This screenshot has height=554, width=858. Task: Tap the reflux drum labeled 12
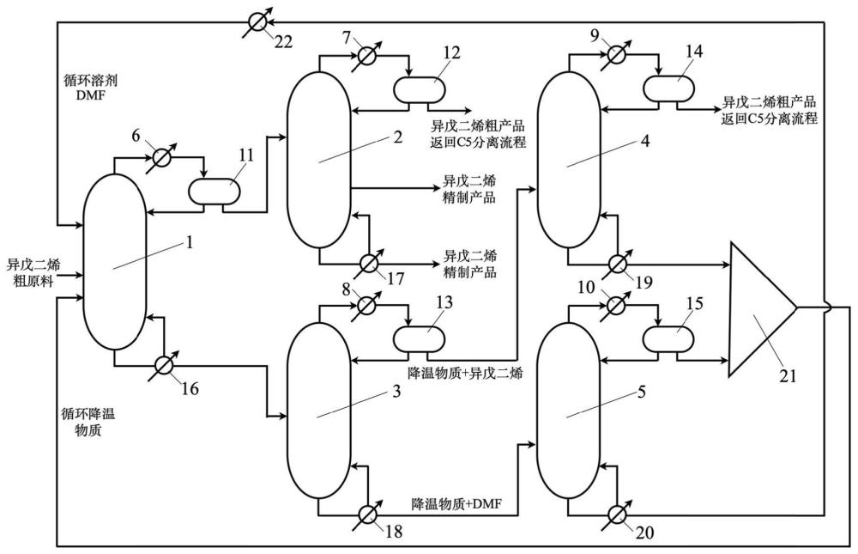[x=420, y=88]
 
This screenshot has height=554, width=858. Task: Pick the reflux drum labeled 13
[x=420, y=338]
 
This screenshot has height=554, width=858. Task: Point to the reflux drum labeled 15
[x=668, y=338]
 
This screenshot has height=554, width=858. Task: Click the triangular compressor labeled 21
[x=762, y=309]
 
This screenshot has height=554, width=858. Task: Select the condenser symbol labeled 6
[x=161, y=158]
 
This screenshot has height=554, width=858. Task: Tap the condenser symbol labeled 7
[x=365, y=55]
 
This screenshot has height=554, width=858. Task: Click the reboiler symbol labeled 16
[x=162, y=364]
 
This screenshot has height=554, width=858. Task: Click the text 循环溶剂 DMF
[x=90, y=88]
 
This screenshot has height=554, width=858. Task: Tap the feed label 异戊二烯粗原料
[x=33, y=274]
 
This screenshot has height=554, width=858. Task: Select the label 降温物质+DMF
[x=456, y=503]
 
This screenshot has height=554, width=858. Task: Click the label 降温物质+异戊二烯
[x=465, y=374]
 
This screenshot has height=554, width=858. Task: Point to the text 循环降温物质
[x=88, y=422]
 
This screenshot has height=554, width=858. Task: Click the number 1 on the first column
[x=190, y=241]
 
